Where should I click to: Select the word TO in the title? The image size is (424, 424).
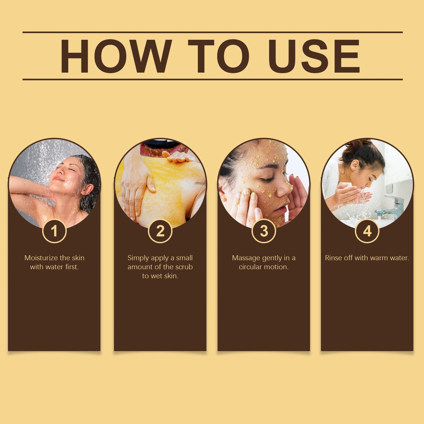(218, 56)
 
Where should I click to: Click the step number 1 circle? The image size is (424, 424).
(54, 231)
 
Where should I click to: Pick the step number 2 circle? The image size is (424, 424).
(160, 231)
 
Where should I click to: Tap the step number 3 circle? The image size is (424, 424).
(264, 231)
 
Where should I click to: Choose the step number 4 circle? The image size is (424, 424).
(367, 231)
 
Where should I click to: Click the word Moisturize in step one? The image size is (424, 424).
(41, 258)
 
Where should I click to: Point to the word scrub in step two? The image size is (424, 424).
(184, 267)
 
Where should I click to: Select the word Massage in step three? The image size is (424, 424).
(246, 258)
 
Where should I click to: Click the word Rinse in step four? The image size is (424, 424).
(333, 258)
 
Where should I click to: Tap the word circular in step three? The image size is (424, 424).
(250, 267)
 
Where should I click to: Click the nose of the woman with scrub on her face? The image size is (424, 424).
(283, 191)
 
